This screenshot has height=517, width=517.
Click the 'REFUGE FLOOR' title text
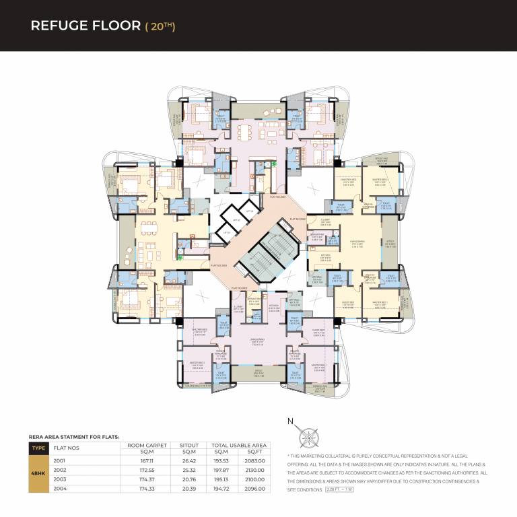coord(74,26)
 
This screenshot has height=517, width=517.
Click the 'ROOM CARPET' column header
coord(146,445)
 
